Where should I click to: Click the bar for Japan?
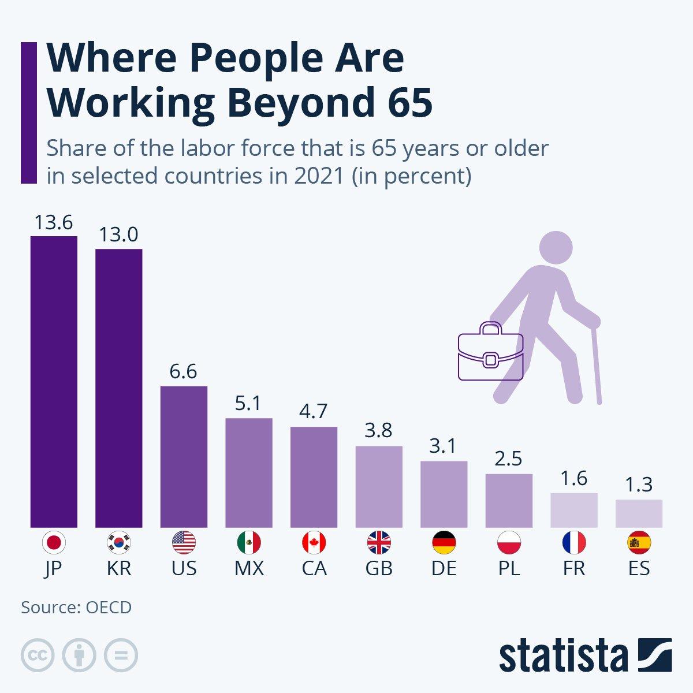click(54, 381)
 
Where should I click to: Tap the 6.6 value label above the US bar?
click(184, 371)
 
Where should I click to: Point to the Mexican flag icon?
click(249, 543)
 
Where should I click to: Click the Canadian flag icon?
click(314, 543)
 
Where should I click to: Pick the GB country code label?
click(379, 568)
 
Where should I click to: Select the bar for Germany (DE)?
click(444, 494)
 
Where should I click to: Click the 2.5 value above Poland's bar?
click(509, 459)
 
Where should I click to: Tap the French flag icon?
click(574, 543)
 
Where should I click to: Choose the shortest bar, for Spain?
click(639, 513)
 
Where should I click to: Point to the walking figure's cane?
click(597, 364)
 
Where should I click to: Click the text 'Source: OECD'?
click(76, 608)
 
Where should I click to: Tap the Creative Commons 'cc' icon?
click(38, 655)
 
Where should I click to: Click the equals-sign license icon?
click(121, 655)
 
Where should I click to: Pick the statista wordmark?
click(563, 655)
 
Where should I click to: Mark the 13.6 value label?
click(53, 222)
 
